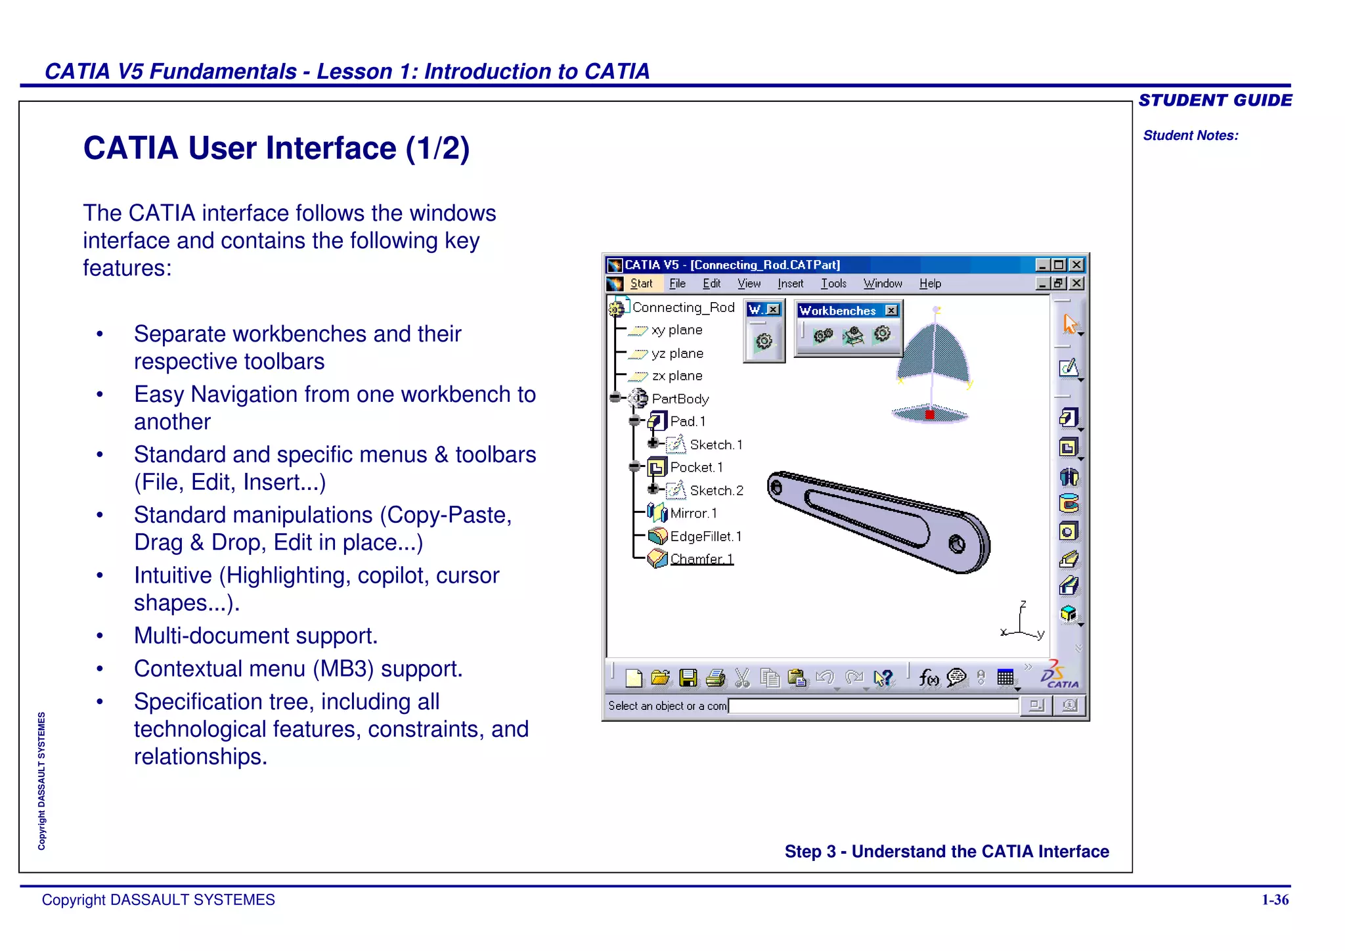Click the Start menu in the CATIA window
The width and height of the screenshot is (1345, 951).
tap(640, 284)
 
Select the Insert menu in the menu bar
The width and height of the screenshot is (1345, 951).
tap(790, 284)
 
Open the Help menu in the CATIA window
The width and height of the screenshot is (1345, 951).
tap(929, 284)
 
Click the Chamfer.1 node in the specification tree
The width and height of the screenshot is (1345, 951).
tap(701, 559)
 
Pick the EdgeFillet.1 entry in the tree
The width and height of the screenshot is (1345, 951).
tap(705, 537)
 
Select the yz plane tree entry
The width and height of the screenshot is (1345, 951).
tap(677, 353)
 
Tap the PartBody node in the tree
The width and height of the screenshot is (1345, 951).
tap(680, 399)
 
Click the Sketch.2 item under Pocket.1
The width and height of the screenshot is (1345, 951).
tap(716, 491)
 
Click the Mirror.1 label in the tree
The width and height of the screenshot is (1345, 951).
tap(693, 513)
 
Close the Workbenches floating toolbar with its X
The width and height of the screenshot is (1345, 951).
tap(891, 311)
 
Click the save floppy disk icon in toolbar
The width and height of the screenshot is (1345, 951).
tap(688, 678)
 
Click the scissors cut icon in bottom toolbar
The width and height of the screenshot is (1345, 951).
tap(742, 678)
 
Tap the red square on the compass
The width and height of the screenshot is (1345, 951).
tap(930, 414)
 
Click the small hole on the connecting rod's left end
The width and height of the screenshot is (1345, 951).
tap(776, 487)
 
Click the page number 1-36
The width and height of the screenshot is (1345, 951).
tap(1275, 900)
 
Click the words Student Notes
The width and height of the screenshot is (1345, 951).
tap(1190, 135)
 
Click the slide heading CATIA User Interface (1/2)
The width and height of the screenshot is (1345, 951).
tap(276, 148)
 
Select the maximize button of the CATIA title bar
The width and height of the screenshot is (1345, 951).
tap(1059, 265)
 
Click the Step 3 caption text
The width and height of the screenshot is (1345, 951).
tap(946, 851)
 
